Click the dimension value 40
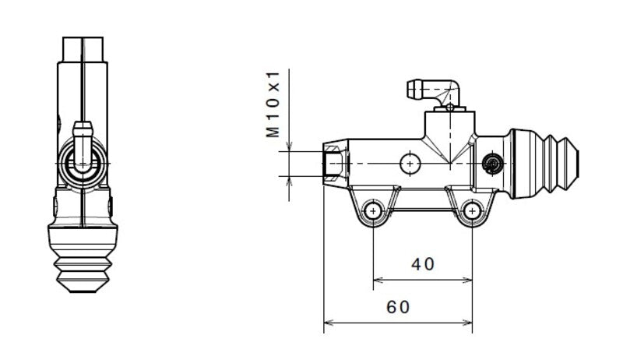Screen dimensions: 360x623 click(422, 264)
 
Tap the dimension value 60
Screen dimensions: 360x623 click(397, 307)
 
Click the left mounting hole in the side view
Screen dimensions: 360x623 click(374, 212)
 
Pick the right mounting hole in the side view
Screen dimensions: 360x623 click(472, 212)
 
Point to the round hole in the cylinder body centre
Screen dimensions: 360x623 click(410, 163)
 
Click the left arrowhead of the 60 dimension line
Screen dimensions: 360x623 click(327, 321)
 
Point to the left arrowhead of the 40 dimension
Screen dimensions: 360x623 click(378, 278)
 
